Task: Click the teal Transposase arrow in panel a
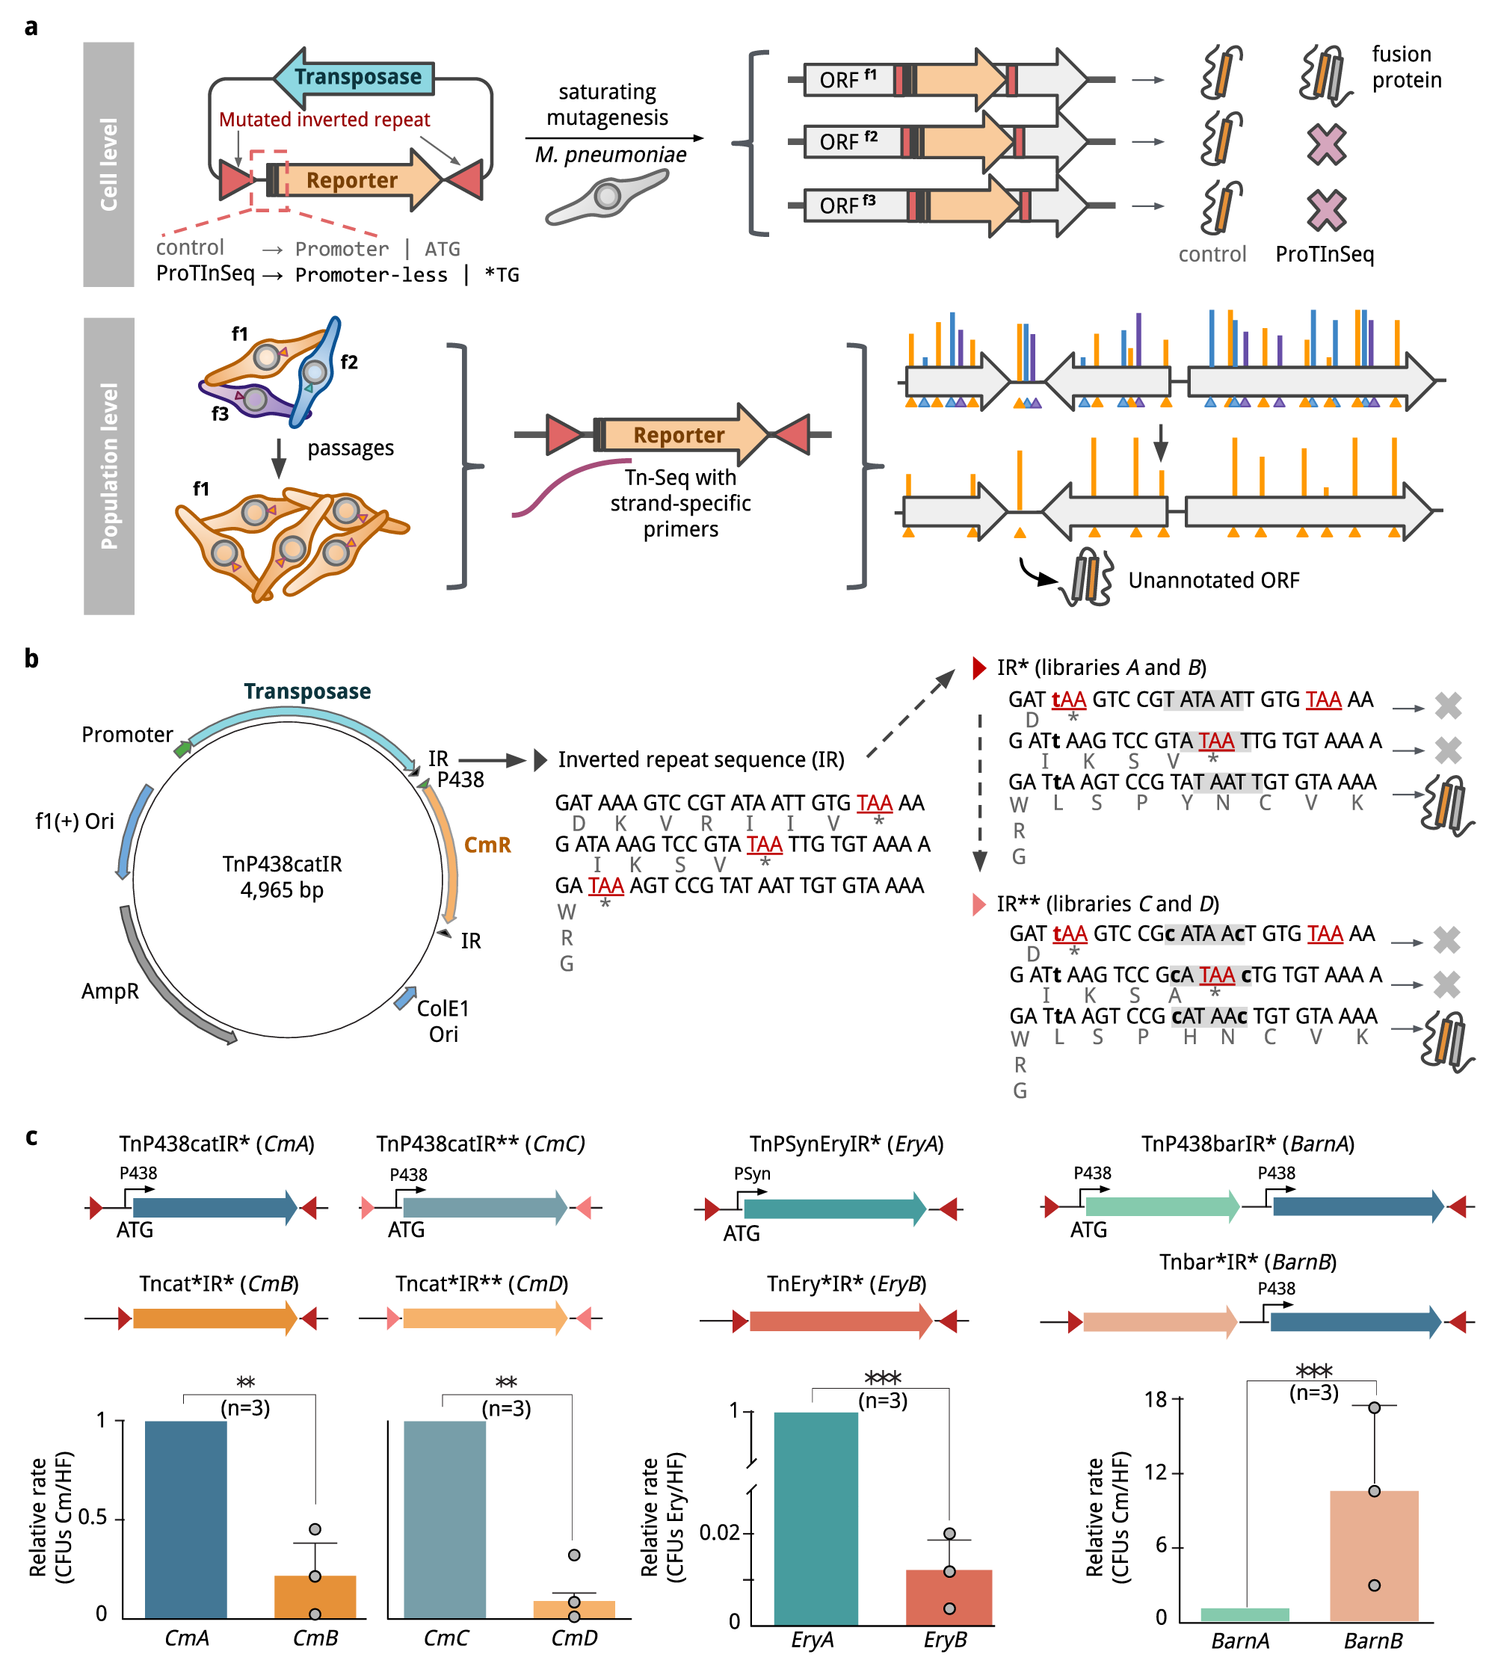click(x=354, y=77)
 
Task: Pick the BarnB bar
click(x=1373, y=1555)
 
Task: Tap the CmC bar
click(x=445, y=1519)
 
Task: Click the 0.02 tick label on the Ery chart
click(x=720, y=1533)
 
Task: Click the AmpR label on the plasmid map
click(x=110, y=991)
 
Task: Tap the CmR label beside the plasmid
click(x=487, y=845)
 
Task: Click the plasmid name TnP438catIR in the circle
click(x=282, y=864)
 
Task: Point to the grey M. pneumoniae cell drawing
click(x=605, y=198)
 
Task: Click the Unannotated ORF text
click(x=1213, y=581)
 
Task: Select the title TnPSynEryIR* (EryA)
click(x=846, y=1144)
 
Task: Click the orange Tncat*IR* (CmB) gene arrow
click(x=215, y=1318)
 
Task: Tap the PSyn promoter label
click(x=751, y=1173)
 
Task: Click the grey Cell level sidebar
click(x=108, y=164)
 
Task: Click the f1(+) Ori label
click(x=75, y=821)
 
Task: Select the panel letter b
click(x=31, y=658)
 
